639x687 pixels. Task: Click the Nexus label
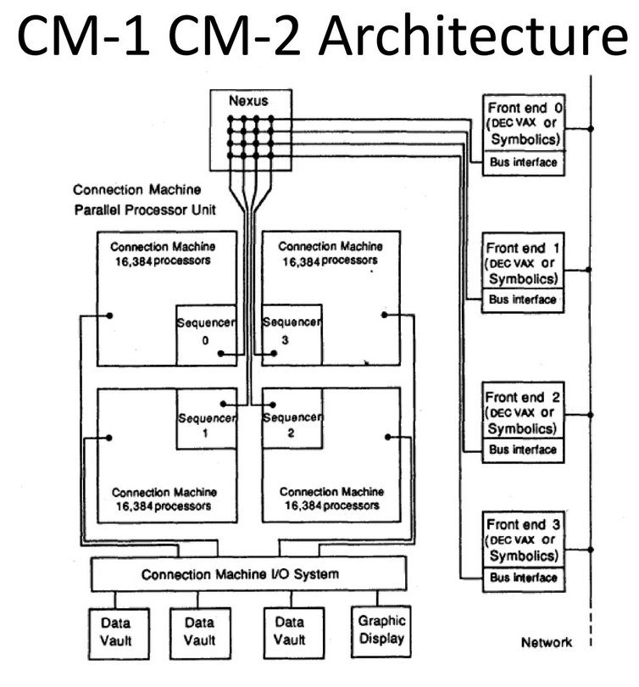click(251, 99)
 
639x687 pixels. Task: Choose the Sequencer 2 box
click(292, 419)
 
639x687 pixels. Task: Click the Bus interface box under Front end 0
click(523, 161)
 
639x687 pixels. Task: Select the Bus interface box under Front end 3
click(523, 578)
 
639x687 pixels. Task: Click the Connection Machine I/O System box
click(240, 574)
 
